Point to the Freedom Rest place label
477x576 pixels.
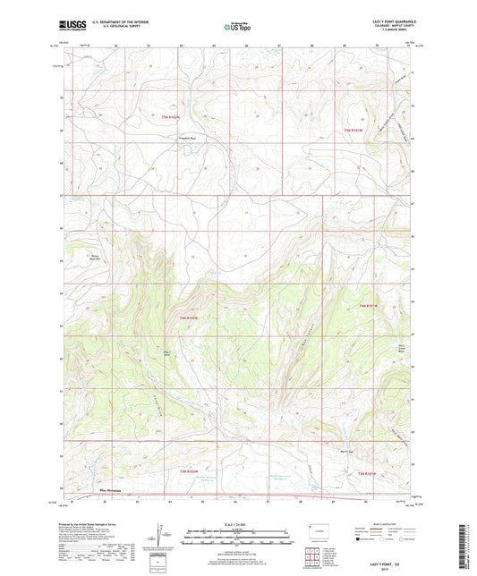(187, 137)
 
